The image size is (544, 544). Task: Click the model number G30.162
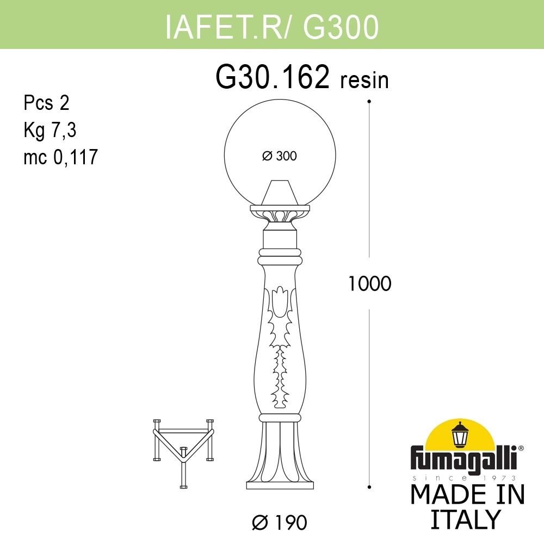(273, 78)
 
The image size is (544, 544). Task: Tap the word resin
(364, 81)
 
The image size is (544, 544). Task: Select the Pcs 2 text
(47, 103)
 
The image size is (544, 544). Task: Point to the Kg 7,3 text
(50, 130)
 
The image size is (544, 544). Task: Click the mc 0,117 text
(60, 157)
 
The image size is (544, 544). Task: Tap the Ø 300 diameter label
(279, 156)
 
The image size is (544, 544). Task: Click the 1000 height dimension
(370, 283)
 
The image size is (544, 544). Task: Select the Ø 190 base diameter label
(280, 523)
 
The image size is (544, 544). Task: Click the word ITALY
(465, 520)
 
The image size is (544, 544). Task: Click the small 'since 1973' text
(466, 477)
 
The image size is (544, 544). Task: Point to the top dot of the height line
(369, 101)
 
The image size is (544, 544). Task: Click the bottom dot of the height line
(369, 486)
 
